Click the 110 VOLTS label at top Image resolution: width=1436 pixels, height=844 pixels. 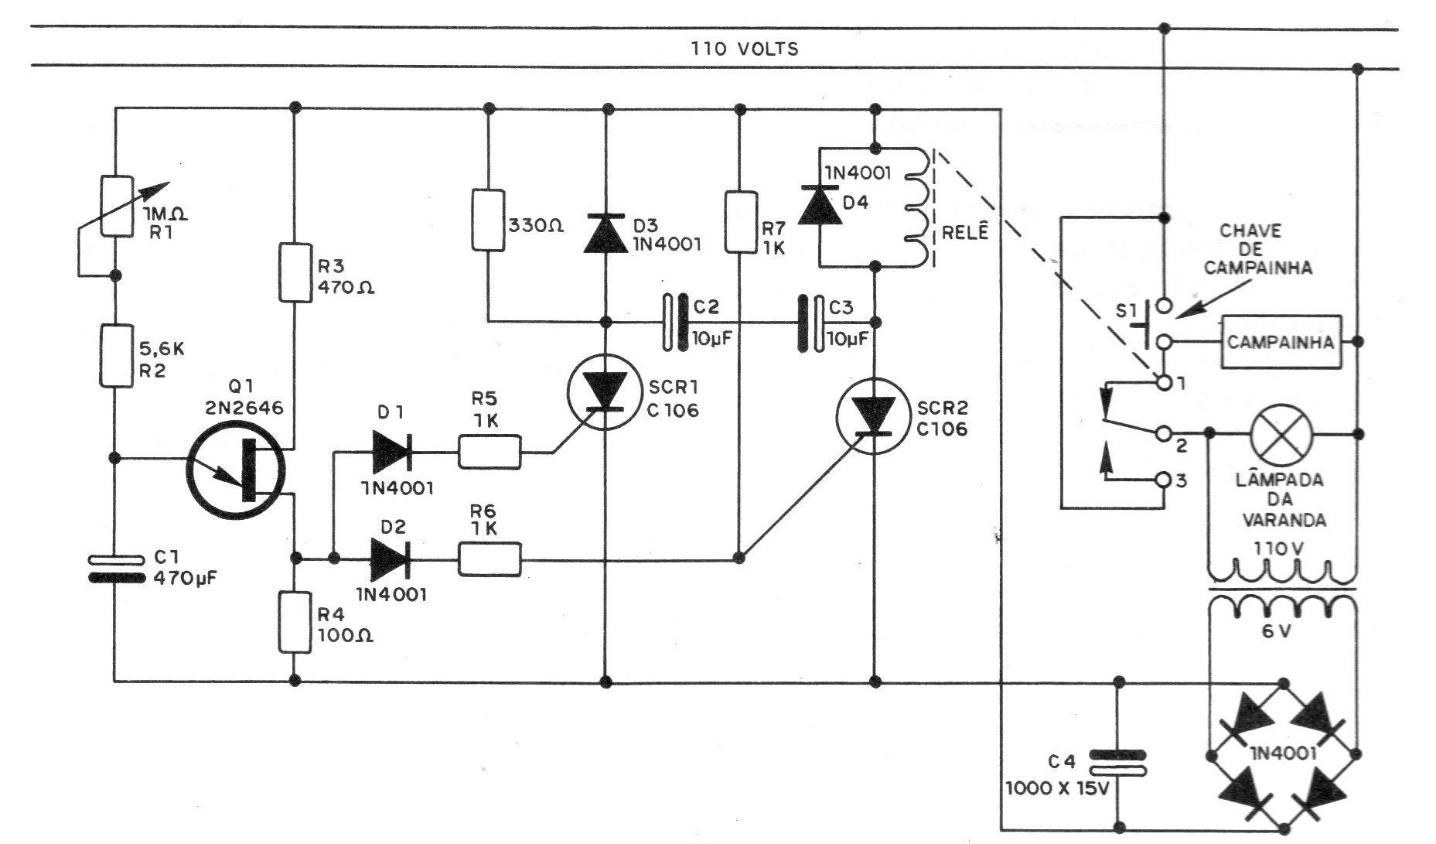745,49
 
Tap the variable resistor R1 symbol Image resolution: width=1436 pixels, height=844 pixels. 115,206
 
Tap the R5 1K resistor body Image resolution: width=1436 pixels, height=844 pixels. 489,452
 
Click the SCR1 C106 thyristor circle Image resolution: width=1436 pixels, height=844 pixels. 605,391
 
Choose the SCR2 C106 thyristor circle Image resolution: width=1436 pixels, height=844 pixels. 874,418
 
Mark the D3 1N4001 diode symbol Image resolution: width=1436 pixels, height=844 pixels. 605,231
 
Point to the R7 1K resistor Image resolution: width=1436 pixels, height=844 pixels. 740,222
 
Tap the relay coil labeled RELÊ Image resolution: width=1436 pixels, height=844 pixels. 915,207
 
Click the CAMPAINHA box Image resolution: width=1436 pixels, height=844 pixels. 1281,341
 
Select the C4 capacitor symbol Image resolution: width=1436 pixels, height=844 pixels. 1117,762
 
